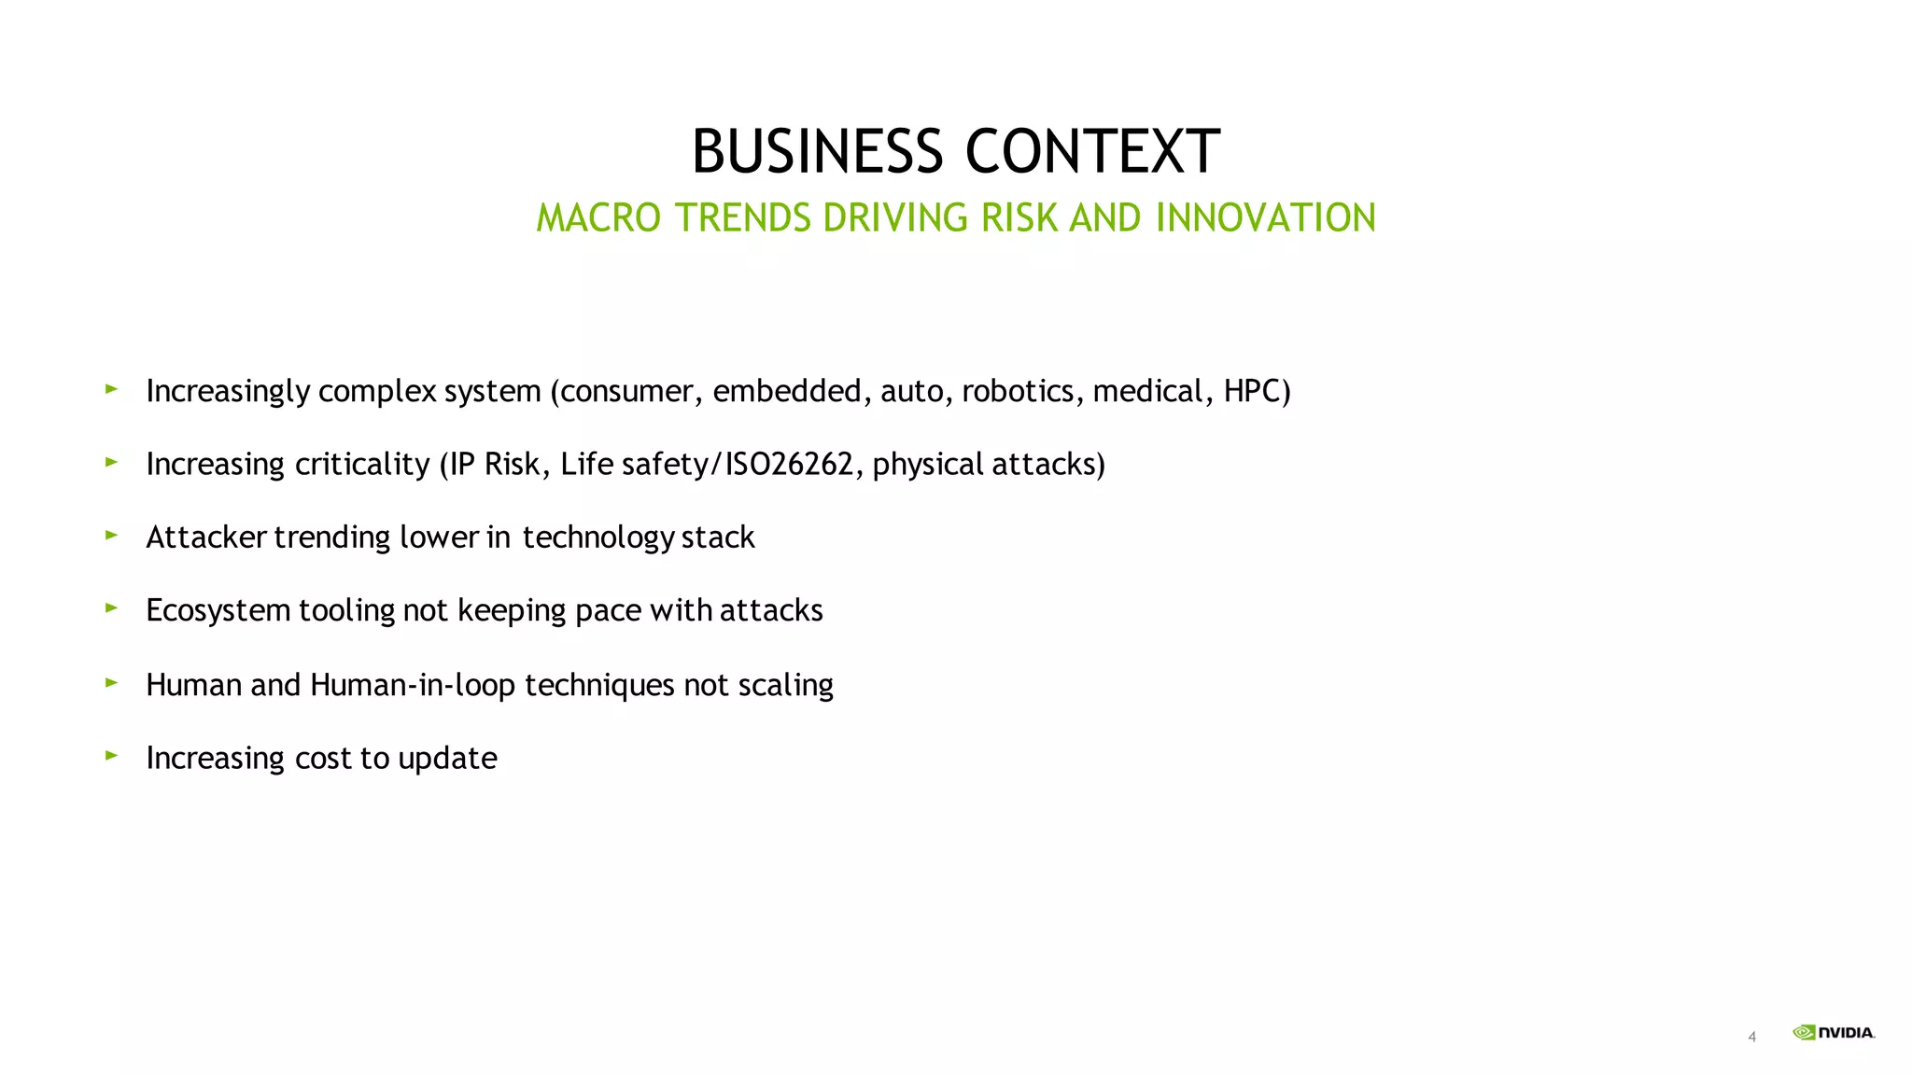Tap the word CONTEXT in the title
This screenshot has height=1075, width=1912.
coord(1091,151)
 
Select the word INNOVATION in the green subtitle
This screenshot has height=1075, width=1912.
coord(1265,218)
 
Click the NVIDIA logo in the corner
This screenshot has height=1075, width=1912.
coord(1834,1032)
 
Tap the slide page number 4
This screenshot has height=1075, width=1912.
coord(1752,1037)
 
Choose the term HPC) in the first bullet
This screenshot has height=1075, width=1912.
coord(1257,391)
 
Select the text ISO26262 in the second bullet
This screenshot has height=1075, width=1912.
coord(789,464)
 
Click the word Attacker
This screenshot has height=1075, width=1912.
coord(206,537)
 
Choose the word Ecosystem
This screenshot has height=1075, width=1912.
coord(218,610)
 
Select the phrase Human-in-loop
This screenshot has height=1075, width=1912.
coord(413,685)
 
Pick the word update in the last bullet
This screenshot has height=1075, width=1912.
coord(447,758)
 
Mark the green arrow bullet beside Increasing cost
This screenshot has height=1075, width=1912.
coord(111,755)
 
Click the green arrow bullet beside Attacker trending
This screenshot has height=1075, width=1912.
coord(111,535)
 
